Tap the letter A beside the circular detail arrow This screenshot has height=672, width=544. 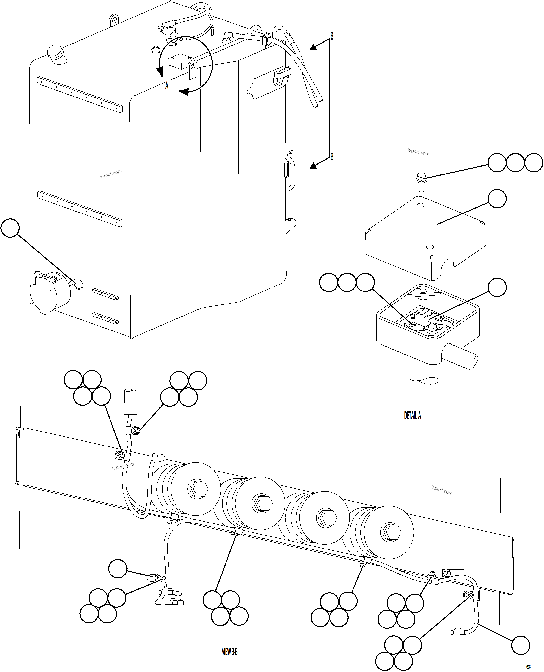[x=167, y=85]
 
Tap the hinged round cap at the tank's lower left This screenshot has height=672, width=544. [x=44, y=292]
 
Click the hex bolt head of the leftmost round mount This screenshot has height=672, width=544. [x=198, y=488]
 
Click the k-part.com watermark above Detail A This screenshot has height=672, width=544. [x=418, y=152]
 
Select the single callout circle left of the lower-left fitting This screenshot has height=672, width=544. [x=118, y=568]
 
